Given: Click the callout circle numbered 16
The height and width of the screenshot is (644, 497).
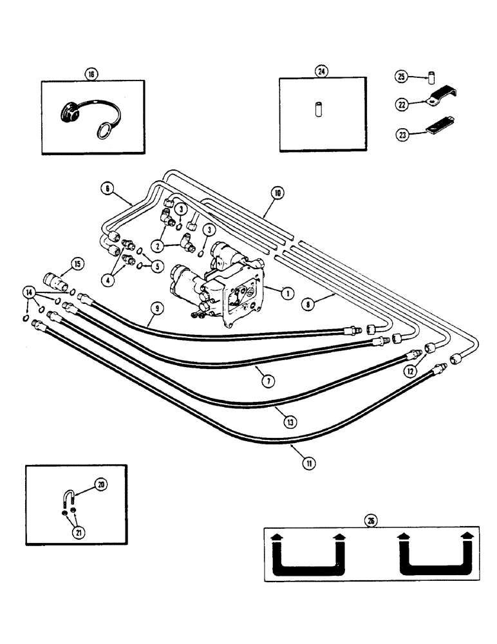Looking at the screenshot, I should (x=91, y=75).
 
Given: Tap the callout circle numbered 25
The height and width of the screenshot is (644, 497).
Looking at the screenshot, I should (x=401, y=78).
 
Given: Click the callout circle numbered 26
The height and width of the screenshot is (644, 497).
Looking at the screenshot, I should (x=370, y=522).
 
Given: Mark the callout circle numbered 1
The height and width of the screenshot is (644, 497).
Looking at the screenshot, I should (x=288, y=292).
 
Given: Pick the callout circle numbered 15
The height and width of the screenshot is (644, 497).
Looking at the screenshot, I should (x=77, y=263).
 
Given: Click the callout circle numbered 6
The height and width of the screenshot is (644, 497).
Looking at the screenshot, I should (x=107, y=187).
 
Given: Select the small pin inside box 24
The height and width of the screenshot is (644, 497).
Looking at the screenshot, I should (x=317, y=109).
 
